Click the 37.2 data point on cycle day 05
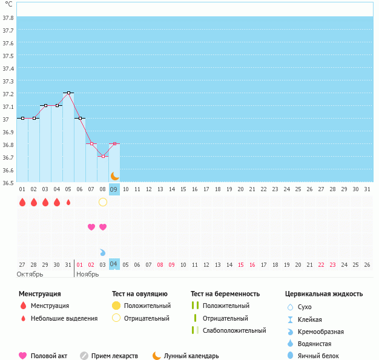(x=68, y=93)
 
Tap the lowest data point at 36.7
(x=103, y=157)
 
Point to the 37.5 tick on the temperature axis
(x=8, y=56)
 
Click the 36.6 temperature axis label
(x=8, y=170)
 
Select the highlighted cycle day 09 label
(x=114, y=189)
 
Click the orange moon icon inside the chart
(x=114, y=176)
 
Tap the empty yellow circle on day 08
(x=103, y=202)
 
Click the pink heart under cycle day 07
(x=91, y=227)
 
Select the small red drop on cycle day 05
(x=68, y=203)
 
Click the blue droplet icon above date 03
(x=103, y=252)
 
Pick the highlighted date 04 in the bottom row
(x=114, y=264)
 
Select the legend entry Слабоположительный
(x=234, y=330)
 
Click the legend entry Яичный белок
(x=318, y=356)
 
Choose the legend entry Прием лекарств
(x=114, y=356)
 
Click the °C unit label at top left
(x=8, y=4)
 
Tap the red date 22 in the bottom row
(x=321, y=264)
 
